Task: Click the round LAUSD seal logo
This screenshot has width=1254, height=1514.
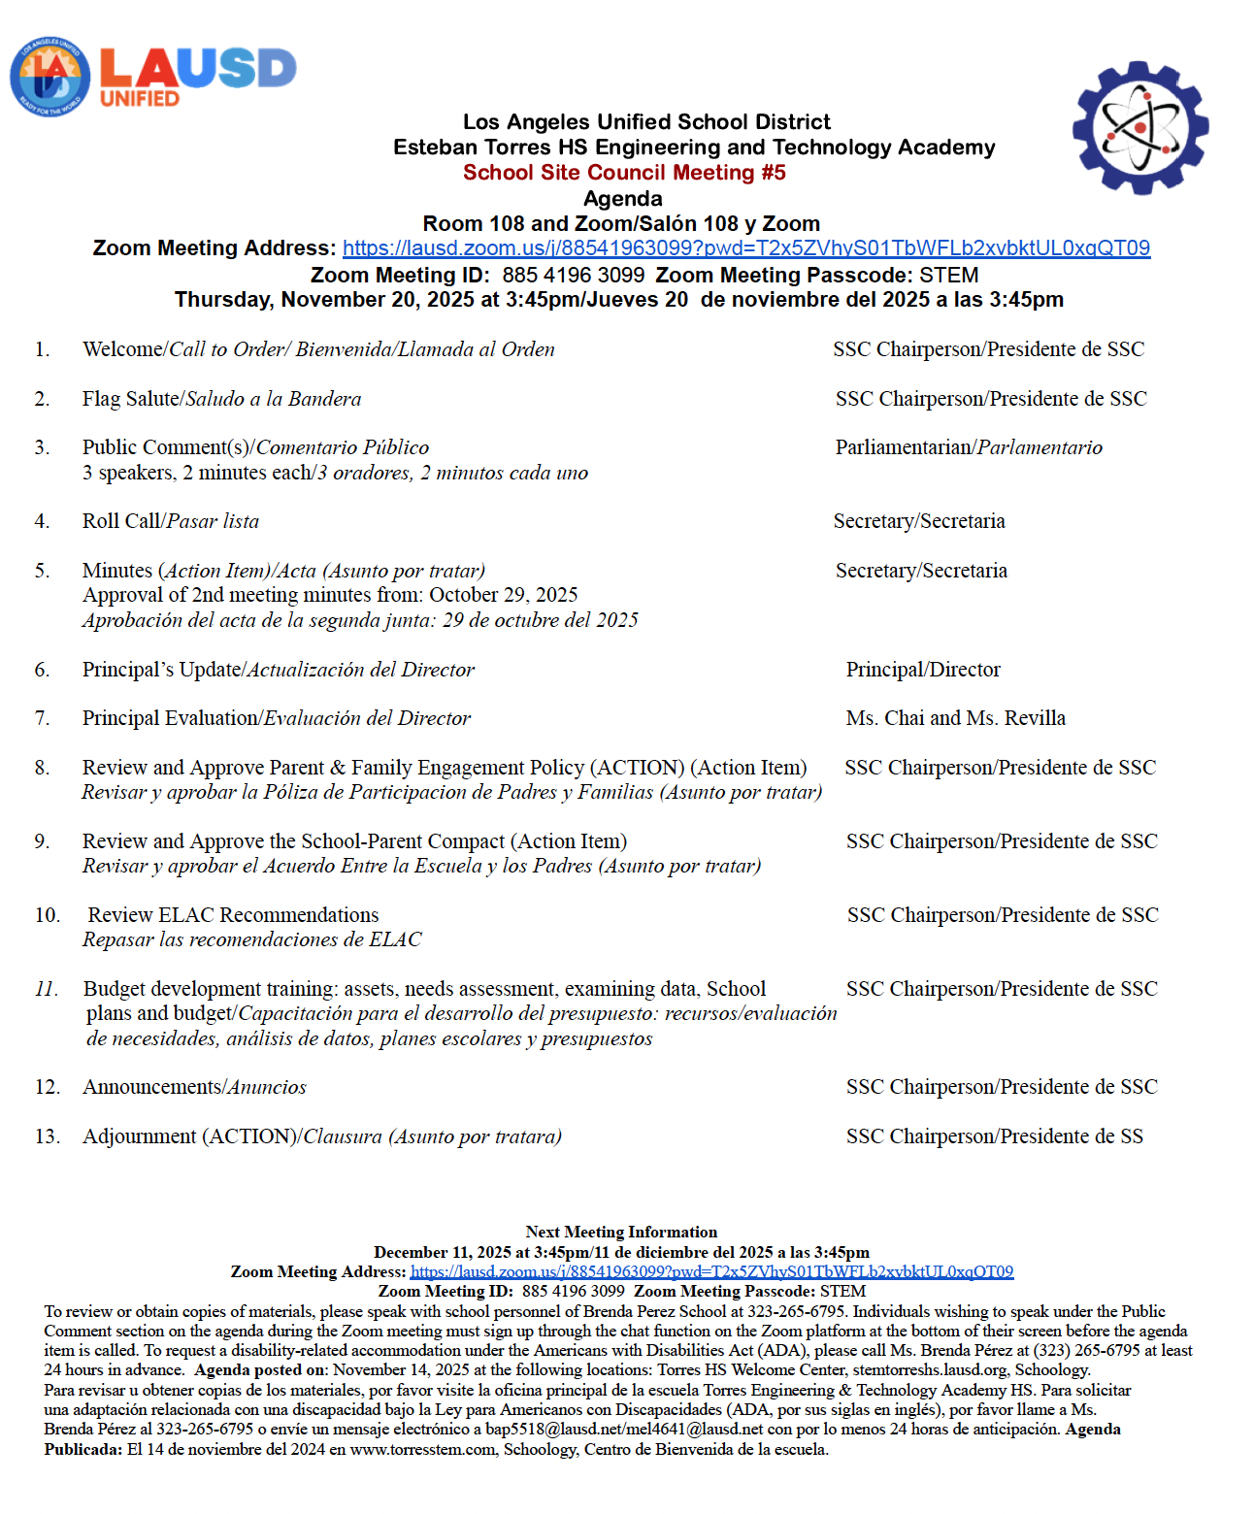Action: point(49,78)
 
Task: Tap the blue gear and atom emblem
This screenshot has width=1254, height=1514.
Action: point(1140,128)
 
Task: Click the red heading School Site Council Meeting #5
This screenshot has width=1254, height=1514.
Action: point(624,173)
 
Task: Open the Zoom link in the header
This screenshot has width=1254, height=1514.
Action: point(745,248)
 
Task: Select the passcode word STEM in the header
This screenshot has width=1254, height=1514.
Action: point(949,276)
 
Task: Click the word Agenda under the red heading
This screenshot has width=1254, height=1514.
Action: point(623,199)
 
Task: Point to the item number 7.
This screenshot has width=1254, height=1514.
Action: point(42,718)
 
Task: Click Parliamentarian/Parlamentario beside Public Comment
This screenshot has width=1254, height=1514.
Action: point(969,447)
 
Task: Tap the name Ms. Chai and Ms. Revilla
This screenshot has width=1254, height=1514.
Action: point(955,718)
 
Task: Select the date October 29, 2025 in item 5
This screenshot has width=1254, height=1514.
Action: point(503,595)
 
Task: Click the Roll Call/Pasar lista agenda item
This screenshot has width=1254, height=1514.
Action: point(171,521)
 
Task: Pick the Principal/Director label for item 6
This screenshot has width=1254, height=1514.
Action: point(922,670)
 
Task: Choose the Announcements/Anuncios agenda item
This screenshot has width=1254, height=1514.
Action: point(194,1087)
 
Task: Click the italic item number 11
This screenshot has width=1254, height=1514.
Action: point(46,989)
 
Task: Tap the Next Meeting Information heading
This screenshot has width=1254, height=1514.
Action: point(621,1232)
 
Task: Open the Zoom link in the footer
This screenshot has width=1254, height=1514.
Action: point(711,1271)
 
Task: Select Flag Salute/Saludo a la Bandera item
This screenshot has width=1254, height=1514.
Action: point(221,399)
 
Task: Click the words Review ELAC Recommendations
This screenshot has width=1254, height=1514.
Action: point(233,915)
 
